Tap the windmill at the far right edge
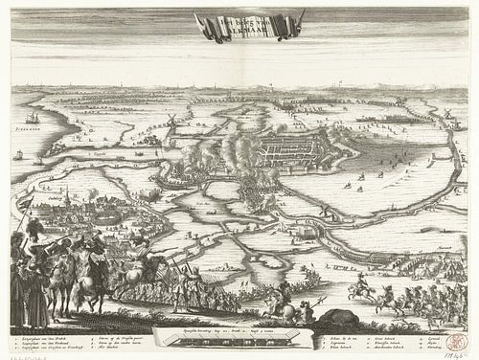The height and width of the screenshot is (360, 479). click(445, 115)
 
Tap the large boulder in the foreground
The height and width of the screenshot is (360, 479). click(335, 319)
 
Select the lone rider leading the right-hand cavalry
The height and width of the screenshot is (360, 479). click(362, 287)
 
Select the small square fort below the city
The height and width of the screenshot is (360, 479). click(307, 231)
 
